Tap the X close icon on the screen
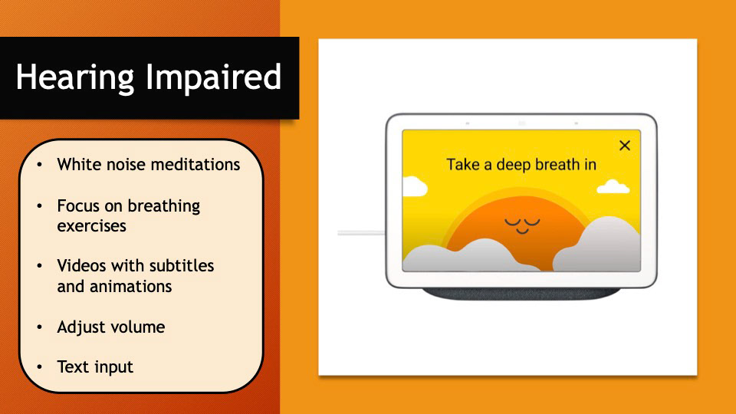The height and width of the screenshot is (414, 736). [x=624, y=146]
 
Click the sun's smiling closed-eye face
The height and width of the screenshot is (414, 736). [x=522, y=225]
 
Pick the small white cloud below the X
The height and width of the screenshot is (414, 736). [x=613, y=187]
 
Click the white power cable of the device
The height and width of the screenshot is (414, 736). [x=361, y=233]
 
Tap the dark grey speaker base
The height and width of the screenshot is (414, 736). [x=521, y=294]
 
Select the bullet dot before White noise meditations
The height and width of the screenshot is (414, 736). [x=39, y=165]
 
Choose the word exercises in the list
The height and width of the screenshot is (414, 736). [x=91, y=226]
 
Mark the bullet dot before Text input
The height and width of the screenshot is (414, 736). [x=39, y=366]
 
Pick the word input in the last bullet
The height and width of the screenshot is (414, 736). [x=114, y=368]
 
